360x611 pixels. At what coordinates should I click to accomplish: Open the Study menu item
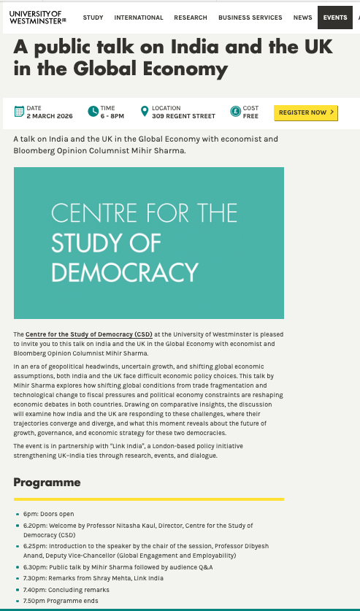coord(93,18)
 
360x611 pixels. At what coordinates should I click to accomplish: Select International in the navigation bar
coord(139,18)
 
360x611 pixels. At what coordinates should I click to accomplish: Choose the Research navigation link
coord(191,18)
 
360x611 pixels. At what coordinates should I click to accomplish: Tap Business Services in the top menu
coord(250,18)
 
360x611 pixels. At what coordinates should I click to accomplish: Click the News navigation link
coord(302,18)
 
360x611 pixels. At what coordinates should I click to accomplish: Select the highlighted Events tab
coord(335,18)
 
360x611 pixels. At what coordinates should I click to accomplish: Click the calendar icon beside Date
coord(19,112)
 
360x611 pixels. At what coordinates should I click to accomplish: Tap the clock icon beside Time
coord(93,112)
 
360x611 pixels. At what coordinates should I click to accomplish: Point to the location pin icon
coord(145,112)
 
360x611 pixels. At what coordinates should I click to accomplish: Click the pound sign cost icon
coord(235,112)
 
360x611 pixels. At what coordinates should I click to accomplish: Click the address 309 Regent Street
coord(183,116)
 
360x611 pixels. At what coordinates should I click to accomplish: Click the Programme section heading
coord(47,483)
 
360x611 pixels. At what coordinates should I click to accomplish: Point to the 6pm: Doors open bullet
coord(49,514)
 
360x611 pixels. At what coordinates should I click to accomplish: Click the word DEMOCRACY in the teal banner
coord(125,272)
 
